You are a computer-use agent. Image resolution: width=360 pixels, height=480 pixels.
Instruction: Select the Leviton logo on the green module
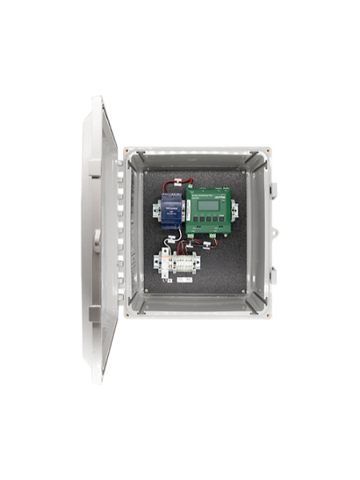(x=221, y=195)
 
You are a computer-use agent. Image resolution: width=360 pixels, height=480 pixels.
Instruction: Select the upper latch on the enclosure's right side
(x=272, y=189)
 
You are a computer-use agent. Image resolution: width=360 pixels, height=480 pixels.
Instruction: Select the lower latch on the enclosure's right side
(x=272, y=275)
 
